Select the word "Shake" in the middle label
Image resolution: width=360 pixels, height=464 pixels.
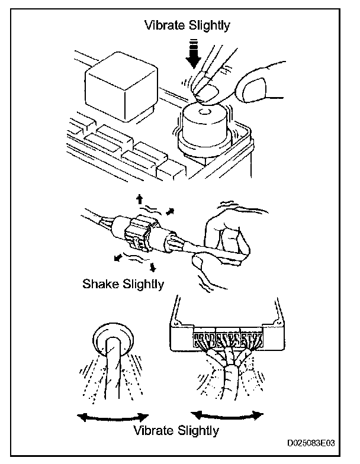point(100,283)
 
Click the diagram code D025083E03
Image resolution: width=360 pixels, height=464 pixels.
point(311,443)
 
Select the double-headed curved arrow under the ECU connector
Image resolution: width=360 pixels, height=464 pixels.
point(228,413)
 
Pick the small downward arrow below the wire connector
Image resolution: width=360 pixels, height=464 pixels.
point(152,267)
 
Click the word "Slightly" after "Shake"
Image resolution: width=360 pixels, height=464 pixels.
point(142,283)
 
